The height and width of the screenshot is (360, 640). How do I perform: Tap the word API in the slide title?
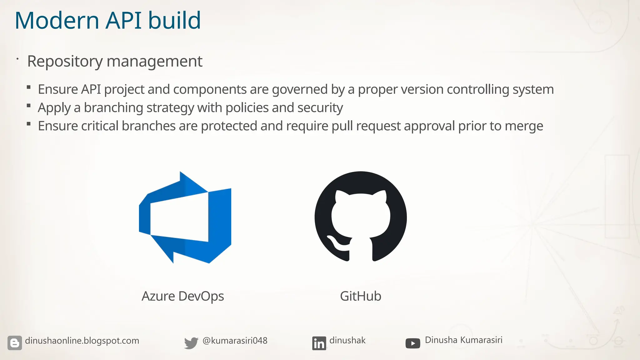123,21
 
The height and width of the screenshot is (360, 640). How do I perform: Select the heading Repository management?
115,61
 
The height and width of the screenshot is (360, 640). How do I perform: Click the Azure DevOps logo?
185,217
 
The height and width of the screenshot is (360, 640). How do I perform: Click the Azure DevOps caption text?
183,296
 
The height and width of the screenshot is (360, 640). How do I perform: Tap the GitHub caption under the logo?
361,296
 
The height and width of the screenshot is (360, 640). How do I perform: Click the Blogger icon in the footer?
15,343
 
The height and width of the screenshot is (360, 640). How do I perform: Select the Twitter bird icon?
191,343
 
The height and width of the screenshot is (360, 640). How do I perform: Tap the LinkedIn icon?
319,343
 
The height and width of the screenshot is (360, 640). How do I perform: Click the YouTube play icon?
413,343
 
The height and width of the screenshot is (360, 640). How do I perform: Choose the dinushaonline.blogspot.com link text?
82,341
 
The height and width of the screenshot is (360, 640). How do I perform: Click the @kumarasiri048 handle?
235,341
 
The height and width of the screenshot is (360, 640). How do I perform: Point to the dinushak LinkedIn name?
347,340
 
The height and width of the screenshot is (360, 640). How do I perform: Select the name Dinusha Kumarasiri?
463,340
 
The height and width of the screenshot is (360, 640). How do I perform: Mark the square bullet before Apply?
29,106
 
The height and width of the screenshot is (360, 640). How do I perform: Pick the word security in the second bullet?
320,108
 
